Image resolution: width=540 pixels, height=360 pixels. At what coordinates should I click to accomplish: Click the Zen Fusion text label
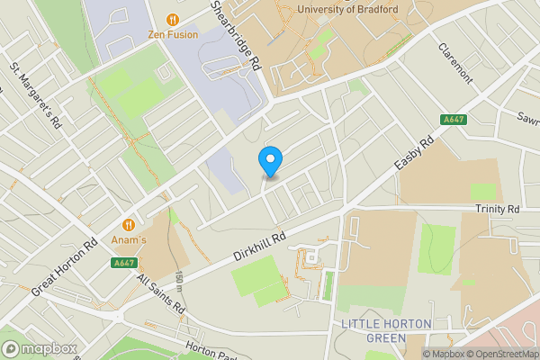[x=173, y=34]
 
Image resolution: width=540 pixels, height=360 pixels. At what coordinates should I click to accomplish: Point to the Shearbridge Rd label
[x=235, y=36]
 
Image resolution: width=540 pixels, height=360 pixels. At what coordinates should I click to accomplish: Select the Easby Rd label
[x=415, y=154]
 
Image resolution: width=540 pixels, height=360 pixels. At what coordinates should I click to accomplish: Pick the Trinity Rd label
[x=499, y=209]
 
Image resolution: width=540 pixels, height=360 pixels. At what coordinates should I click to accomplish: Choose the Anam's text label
[x=129, y=240]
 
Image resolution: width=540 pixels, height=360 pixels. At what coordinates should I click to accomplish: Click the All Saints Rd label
[x=161, y=294]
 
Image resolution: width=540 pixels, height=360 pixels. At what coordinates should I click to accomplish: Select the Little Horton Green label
[x=387, y=330]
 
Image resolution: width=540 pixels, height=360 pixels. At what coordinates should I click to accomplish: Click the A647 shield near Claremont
[x=454, y=119]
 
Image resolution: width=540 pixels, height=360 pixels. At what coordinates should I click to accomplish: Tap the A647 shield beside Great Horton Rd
[x=124, y=262]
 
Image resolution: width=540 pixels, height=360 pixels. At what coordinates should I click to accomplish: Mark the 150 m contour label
[x=180, y=282]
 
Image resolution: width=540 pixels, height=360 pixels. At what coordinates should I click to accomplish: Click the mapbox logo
[x=40, y=348]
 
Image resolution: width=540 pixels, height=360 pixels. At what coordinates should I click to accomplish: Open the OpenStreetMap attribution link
[x=497, y=354]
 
